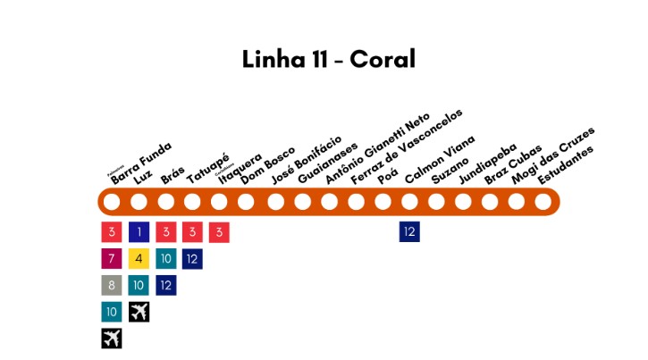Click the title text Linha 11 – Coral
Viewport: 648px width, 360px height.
329,59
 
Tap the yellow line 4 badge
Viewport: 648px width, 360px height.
139,259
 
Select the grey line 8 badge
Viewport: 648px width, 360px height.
112,286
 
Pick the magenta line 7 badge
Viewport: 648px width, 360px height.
112,259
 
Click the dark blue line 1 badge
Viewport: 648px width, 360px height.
139,232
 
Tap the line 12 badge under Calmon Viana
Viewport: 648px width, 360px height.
409,232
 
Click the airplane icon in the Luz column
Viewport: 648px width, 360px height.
139,312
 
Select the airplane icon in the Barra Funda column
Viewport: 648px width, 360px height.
112,339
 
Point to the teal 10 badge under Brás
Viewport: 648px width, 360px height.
165,259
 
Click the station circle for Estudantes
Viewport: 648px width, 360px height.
543,202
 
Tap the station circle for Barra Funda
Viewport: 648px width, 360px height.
112,202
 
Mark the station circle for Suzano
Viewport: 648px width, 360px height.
436,202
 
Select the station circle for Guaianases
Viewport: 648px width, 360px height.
301,202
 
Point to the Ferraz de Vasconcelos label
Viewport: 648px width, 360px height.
407,147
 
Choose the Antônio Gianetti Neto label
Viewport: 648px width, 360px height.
377,148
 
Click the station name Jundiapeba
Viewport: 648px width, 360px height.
487,163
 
